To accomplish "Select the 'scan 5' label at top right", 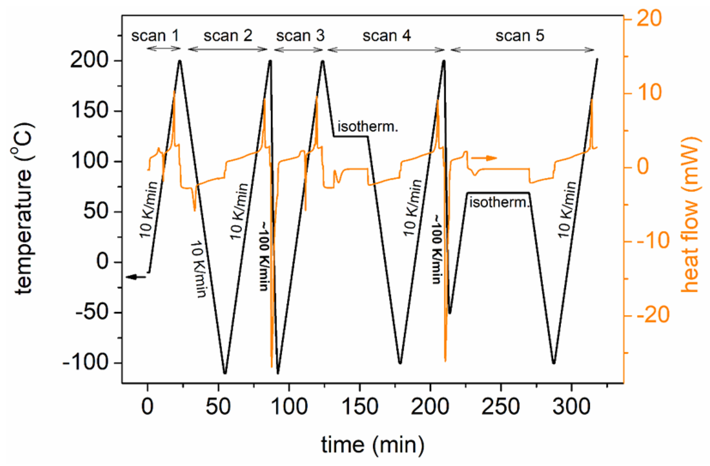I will (x=520, y=36).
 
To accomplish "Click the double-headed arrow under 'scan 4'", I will (x=386, y=50).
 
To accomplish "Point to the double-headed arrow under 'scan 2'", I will (x=228, y=49).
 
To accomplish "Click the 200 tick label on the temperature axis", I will (x=88, y=61).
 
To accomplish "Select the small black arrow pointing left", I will (x=136, y=277).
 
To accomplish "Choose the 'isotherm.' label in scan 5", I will (x=499, y=203).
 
